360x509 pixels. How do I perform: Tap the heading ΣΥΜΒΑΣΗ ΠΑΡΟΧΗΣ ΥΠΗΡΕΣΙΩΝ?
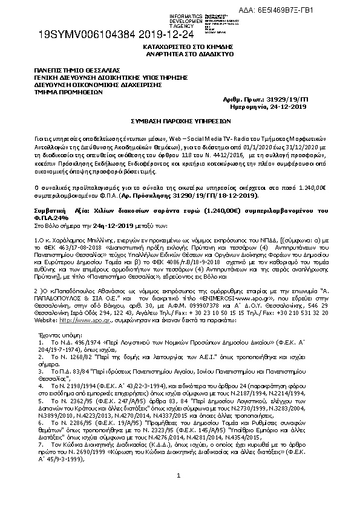[x=180, y=122]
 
